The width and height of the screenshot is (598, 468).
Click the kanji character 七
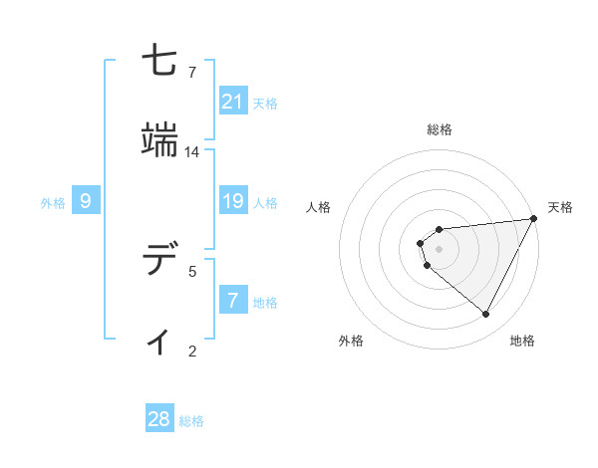point(159,63)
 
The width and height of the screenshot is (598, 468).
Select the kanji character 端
point(159,141)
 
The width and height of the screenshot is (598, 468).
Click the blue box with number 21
point(233,101)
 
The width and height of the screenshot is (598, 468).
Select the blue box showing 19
point(233,202)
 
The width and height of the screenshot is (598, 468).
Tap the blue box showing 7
point(233,300)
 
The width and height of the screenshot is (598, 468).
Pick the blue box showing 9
point(86,202)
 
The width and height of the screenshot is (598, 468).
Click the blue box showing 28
point(159,419)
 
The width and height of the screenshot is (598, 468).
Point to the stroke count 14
point(192,152)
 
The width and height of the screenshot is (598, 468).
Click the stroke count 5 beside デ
point(192,270)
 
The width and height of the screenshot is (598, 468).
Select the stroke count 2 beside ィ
point(192,351)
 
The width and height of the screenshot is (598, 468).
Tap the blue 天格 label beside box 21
point(265,102)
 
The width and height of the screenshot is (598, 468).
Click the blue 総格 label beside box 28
point(191,420)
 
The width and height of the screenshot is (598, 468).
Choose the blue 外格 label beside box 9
point(53,203)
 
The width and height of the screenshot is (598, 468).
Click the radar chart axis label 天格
point(560,207)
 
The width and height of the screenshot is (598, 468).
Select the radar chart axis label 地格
point(522,341)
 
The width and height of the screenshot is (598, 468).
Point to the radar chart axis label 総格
point(440,129)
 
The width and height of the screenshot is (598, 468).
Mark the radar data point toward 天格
point(534,219)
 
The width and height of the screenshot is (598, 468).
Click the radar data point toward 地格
point(486,315)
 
